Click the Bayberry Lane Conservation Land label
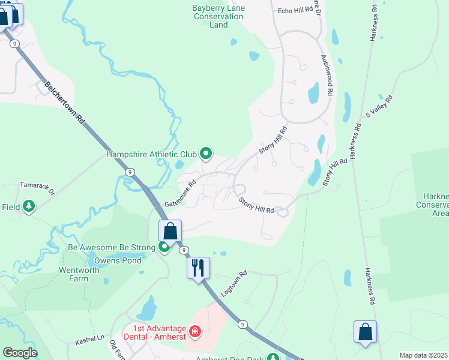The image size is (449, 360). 218,16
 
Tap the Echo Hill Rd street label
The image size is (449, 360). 296,10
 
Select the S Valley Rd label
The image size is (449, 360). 379,106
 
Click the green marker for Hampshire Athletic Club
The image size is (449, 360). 206,155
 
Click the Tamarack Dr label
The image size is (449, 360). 37,189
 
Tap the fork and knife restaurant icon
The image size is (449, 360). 199,268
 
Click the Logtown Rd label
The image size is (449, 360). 234,281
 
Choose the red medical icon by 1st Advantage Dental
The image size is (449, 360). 194,331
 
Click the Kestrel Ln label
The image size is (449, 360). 90,340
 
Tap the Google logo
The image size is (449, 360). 20,353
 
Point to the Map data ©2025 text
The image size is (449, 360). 423,355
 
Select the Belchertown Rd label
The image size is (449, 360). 65,104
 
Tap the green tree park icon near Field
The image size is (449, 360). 28,207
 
